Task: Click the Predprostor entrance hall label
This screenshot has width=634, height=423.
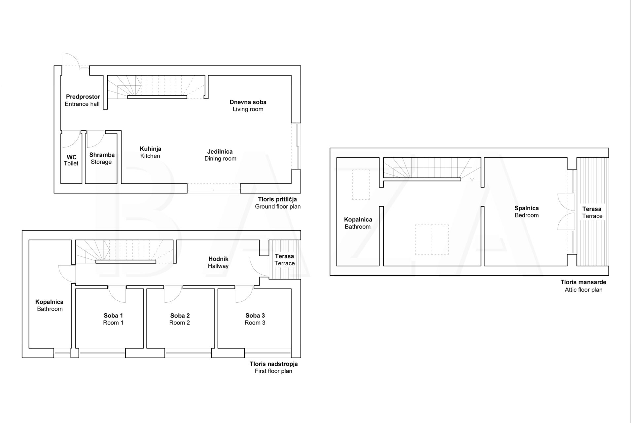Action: click(82, 100)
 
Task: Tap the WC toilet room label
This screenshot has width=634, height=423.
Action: click(71, 160)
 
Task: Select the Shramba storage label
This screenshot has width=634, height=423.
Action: click(102, 158)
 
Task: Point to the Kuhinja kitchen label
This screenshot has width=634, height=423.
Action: click(150, 152)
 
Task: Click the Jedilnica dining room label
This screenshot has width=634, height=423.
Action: click(220, 155)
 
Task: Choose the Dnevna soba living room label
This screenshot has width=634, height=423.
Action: click(248, 106)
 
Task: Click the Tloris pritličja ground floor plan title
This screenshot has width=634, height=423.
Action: click(278, 203)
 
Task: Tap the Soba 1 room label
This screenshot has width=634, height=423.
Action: click(113, 319)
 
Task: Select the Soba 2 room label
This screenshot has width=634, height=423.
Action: click(180, 319)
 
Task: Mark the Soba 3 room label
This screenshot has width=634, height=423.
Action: click(255, 319)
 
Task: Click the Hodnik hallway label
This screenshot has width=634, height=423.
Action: click(218, 262)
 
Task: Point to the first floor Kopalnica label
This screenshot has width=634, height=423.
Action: click(50, 305)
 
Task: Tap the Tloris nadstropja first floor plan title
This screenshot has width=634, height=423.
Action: click(274, 367)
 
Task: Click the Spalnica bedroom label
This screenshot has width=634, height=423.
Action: click(527, 211)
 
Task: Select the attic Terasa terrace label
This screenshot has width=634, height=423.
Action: click(592, 212)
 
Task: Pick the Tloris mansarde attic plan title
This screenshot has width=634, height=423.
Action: click(583, 286)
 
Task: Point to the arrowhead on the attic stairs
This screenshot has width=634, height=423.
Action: click(472, 179)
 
